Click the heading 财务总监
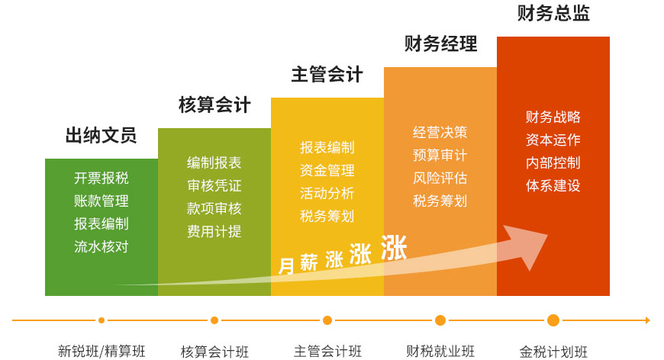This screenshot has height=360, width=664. click(x=553, y=13)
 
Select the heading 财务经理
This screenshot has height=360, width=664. click(x=440, y=43)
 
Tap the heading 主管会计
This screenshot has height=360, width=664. click(x=327, y=75)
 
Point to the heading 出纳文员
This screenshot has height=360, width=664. click(x=102, y=135)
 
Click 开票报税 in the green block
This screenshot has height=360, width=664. click(x=102, y=178)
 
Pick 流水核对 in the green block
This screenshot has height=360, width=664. click(x=102, y=246)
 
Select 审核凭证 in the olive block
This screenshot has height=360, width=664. click(x=214, y=185)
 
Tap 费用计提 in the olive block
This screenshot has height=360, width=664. click(x=214, y=231)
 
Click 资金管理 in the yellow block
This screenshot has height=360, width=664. click(x=327, y=171)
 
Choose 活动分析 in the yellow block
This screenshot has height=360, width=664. click(x=327, y=193)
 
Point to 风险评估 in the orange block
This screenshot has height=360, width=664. click(x=440, y=178)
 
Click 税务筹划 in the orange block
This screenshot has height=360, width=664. click(x=440, y=201)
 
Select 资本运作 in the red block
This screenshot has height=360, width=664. click(x=553, y=140)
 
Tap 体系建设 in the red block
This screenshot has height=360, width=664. click(x=553, y=185)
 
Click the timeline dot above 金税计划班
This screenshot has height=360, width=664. click(x=553, y=320)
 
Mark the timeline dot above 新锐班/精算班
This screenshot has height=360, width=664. click(x=102, y=320)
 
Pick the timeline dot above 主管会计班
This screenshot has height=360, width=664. click(x=327, y=320)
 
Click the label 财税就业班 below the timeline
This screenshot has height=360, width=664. click(x=440, y=351)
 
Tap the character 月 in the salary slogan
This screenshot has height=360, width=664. click(x=286, y=266)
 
